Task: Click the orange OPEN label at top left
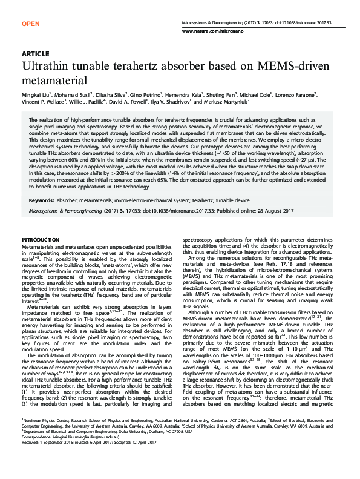(x=30, y=24)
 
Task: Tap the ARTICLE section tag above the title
(x=34, y=55)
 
